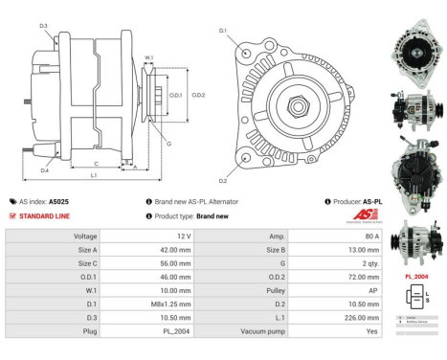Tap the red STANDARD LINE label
(43, 215)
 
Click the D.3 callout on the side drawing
(44, 27)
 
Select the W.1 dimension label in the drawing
(148, 58)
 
